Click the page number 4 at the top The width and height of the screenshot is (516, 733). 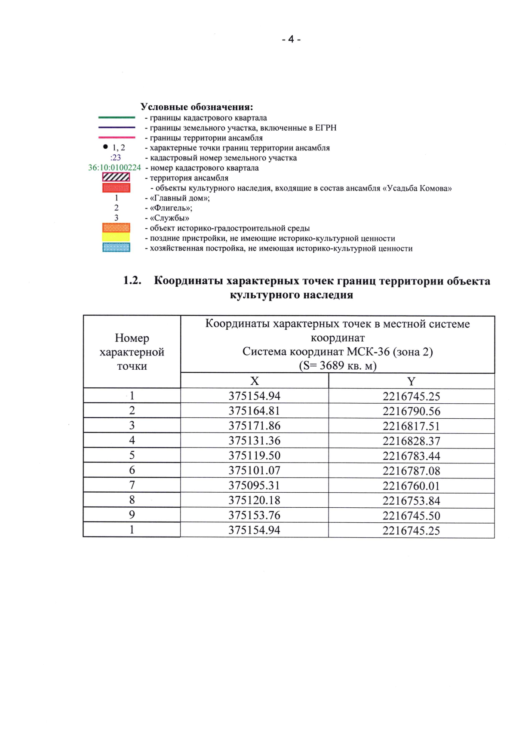pos(291,39)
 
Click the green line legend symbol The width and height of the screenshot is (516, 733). pos(117,117)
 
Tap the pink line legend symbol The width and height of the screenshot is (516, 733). pos(117,138)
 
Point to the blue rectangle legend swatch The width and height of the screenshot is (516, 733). pos(116,248)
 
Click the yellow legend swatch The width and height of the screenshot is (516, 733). pos(116,237)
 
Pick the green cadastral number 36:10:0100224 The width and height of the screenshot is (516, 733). pos(114,168)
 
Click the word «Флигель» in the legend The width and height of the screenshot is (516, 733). pos(171,208)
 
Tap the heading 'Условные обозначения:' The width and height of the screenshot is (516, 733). pos(197,107)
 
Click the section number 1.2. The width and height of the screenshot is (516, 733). pos(132,280)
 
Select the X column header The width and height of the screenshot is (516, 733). pos(255,381)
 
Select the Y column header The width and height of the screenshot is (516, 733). pos(411,381)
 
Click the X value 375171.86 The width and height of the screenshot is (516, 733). pos(255,426)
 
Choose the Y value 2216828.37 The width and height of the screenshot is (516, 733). pos(411,441)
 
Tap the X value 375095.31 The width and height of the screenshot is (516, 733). pos(255,485)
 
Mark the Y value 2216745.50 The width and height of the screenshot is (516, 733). pos(411,515)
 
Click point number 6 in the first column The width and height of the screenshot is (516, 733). pos(132,470)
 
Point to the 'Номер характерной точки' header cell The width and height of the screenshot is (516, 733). pos(132,352)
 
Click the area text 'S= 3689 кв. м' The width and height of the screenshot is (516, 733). pos(338,366)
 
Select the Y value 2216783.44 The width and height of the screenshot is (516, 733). pos(411,456)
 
